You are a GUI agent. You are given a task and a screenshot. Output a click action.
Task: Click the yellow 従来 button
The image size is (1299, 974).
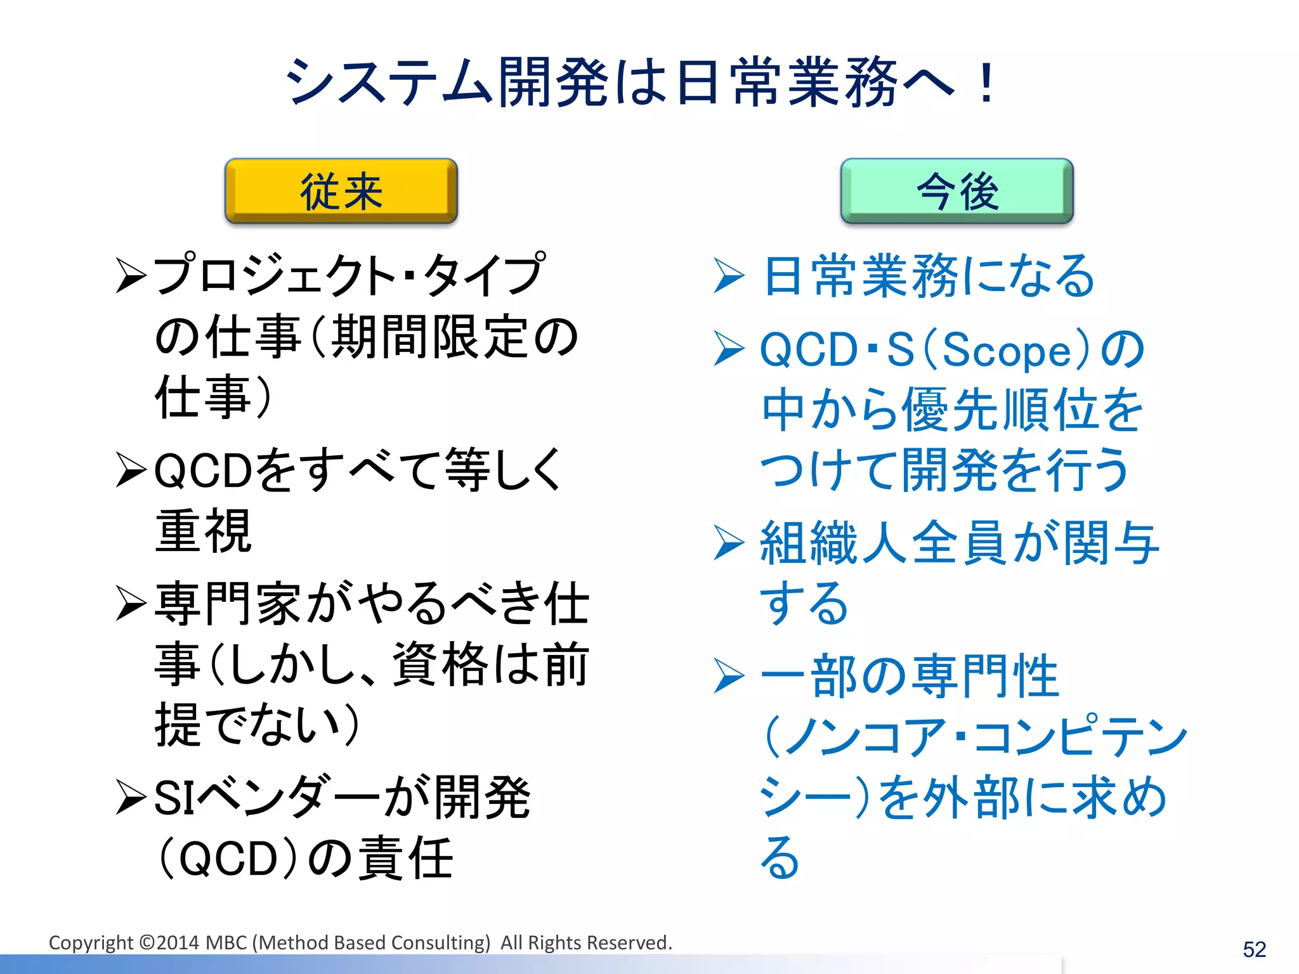pyautogui.click(x=341, y=191)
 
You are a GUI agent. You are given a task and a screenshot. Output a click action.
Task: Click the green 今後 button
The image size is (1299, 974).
pyautogui.click(x=956, y=191)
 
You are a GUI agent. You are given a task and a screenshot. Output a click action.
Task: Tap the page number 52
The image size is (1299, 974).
pyautogui.click(x=1254, y=949)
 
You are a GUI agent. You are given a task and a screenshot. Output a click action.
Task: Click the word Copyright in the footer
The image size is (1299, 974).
pyautogui.click(x=91, y=943)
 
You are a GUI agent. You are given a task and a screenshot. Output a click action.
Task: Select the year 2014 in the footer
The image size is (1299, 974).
pyautogui.click(x=178, y=943)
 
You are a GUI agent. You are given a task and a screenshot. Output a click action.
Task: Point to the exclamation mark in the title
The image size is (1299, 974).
pyautogui.click(x=986, y=82)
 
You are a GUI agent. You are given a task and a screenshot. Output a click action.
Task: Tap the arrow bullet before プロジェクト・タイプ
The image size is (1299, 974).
pyautogui.click(x=131, y=275)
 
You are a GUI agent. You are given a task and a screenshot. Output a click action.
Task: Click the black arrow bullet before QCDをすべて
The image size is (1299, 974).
pyautogui.click(x=131, y=470)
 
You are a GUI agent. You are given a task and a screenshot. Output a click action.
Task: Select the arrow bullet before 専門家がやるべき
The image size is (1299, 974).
pyautogui.click(x=131, y=603)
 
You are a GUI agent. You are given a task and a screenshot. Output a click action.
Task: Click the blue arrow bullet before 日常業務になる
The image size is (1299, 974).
pyautogui.click(x=729, y=275)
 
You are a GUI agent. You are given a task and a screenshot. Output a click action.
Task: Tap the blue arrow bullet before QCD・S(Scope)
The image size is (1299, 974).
pyautogui.click(x=729, y=349)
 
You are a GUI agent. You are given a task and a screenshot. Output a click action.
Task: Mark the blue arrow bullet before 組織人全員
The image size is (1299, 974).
pyautogui.click(x=729, y=543)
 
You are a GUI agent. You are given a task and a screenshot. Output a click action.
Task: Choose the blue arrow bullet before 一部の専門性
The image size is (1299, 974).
pyautogui.click(x=729, y=676)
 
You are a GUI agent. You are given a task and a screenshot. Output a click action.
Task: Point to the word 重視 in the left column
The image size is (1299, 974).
pyautogui.click(x=203, y=531)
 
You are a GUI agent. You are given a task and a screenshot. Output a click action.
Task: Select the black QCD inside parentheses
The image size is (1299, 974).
pyautogui.click(x=228, y=859)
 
